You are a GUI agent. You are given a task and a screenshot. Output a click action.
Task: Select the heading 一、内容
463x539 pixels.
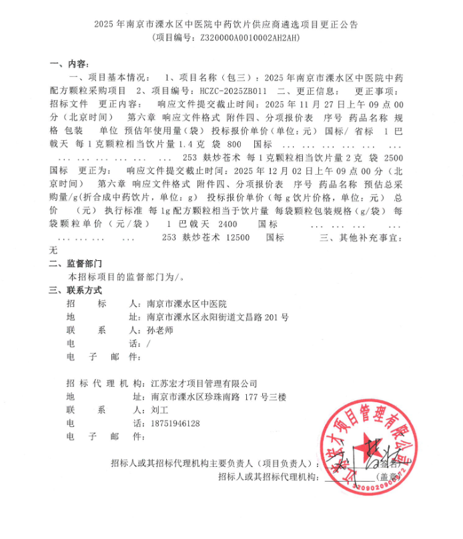(69, 64)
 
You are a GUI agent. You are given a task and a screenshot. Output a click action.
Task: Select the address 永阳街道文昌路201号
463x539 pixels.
(246, 318)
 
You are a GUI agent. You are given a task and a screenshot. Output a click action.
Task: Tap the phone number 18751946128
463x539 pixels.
(175, 424)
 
